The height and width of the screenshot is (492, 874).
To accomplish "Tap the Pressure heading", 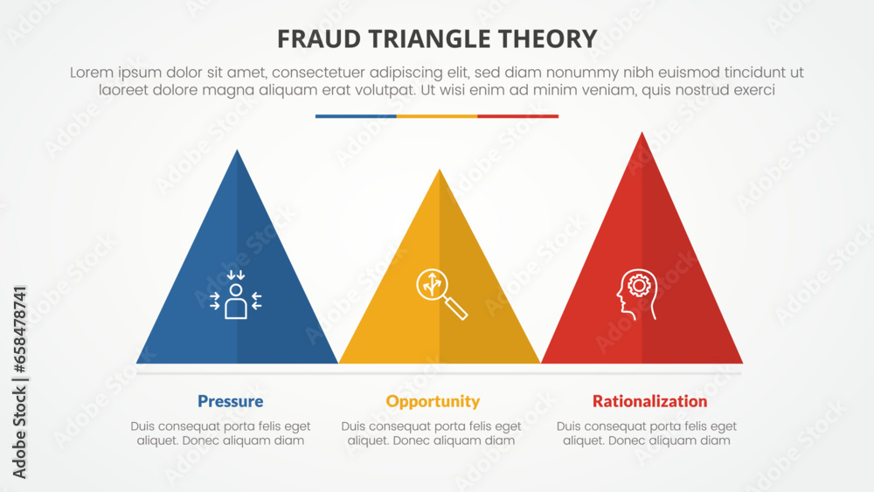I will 230,402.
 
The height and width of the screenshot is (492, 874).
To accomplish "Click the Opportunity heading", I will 433,402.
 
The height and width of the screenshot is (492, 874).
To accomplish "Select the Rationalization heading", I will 649,402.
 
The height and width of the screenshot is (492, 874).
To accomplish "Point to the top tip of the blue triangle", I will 237,151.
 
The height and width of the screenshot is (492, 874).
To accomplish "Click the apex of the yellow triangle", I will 440,170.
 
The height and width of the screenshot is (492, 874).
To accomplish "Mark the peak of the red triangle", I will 642,133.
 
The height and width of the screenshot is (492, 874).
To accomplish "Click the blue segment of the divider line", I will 356,115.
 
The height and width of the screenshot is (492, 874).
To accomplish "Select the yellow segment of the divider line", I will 437,115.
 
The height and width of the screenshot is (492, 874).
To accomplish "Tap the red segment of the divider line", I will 517,115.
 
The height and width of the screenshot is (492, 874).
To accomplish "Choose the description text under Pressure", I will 221,433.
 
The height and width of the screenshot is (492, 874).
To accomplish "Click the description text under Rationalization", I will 646,433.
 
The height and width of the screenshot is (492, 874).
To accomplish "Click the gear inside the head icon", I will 640,285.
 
